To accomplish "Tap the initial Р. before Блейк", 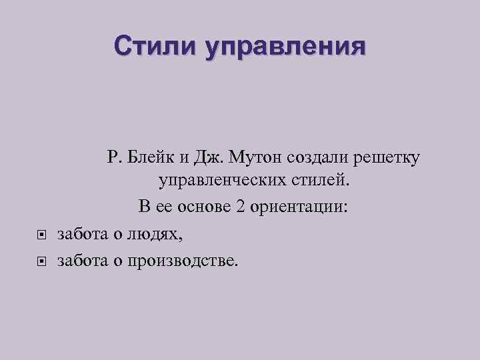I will point(111,157).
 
